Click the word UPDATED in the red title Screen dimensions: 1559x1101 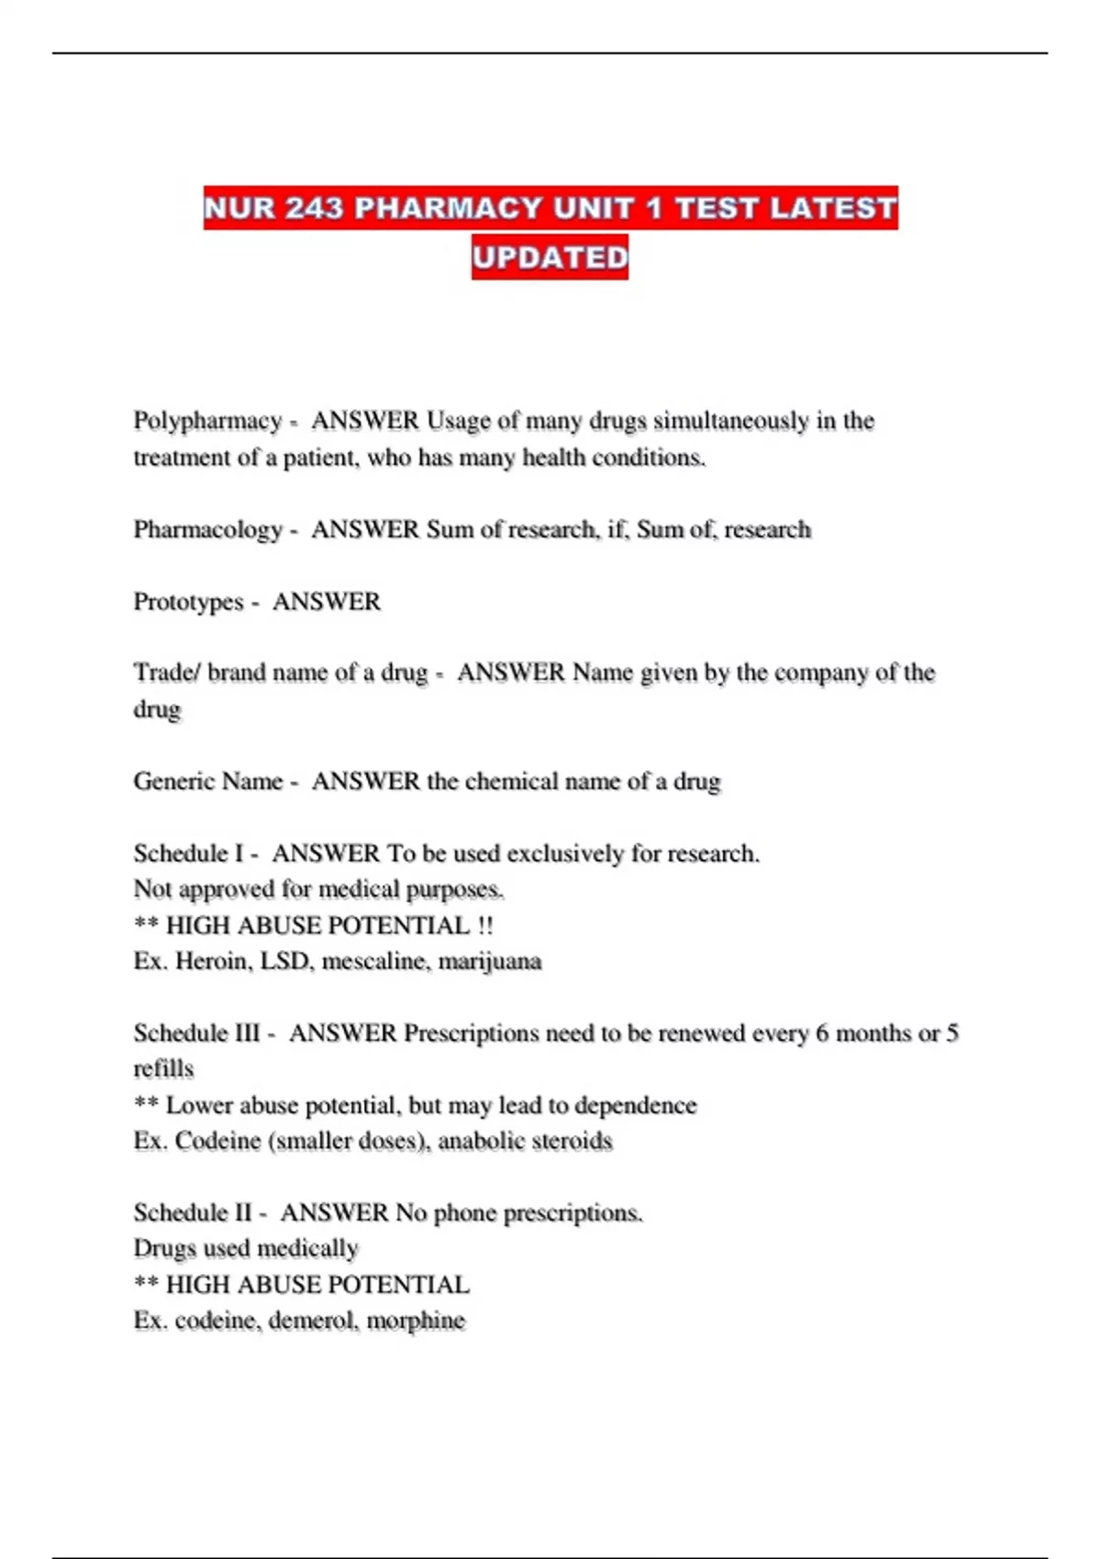click(x=550, y=257)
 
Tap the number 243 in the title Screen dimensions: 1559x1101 click(x=314, y=208)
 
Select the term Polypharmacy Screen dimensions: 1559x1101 click(x=207, y=420)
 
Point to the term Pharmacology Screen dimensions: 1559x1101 click(x=208, y=529)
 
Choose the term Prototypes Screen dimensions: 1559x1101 click(x=188, y=602)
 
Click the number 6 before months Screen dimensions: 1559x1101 click(x=822, y=1034)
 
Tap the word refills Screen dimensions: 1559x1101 click(x=163, y=1069)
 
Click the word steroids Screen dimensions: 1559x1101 click(x=575, y=1141)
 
